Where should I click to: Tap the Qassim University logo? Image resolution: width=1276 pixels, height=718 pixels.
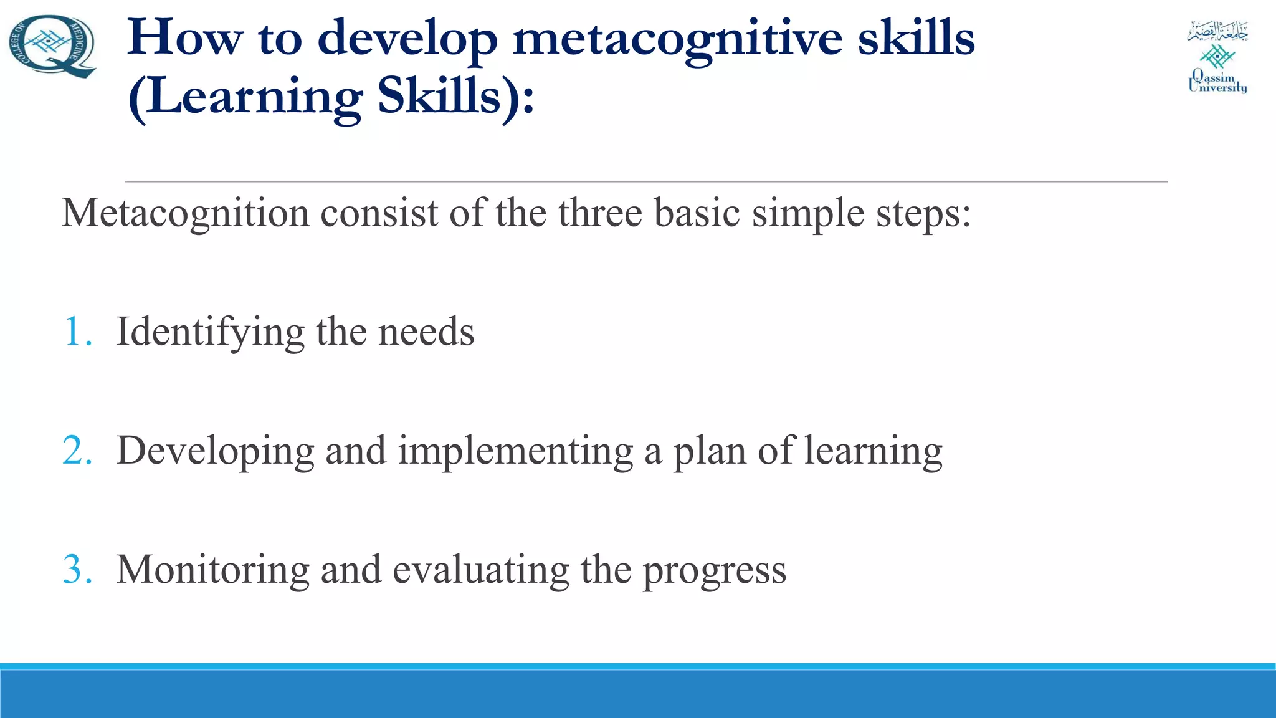[x=1217, y=57]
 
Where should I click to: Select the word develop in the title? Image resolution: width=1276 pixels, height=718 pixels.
[x=407, y=39]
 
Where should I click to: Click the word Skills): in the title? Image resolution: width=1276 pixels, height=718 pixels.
[x=456, y=97]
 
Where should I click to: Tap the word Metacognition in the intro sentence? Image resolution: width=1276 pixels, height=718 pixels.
[x=185, y=214]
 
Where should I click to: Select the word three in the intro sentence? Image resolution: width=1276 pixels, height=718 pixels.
[x=599, y=213]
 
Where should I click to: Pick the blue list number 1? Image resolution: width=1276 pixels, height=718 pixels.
[x=77, y=332]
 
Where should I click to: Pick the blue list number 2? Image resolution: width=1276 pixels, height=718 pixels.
[x=77, y=451]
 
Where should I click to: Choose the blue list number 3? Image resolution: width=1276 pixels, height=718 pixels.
[x=77, y=570]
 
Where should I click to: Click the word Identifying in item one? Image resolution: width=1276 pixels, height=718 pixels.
[x=211, y=332]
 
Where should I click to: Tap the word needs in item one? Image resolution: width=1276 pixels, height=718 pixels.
[x=426, y=332]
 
